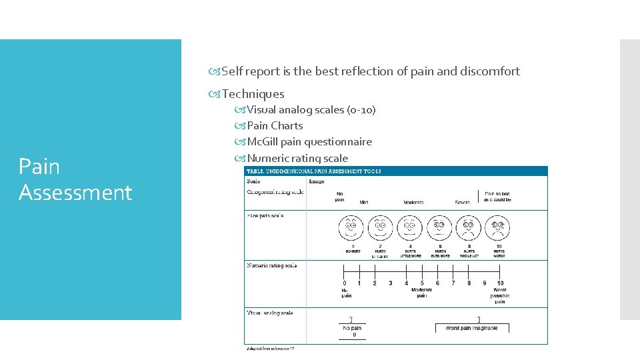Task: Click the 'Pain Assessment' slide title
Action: coord(75,179)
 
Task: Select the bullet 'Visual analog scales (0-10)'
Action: coord(311,109)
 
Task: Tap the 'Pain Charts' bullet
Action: coord(275,125)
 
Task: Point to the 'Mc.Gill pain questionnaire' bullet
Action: coord(309,141)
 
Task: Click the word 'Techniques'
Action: coord(253,94)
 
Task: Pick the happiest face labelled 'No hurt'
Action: coord(350,229)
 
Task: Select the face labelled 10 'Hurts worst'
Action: coord(499,229)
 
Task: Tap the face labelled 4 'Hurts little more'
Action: coord(409,229)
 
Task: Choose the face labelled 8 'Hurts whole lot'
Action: coord(469,229)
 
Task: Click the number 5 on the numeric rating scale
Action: coord(422,283)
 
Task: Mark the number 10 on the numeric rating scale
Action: coord(500,283)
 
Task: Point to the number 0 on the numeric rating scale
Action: coord(344,283)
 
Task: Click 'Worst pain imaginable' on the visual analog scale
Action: coord(472,328)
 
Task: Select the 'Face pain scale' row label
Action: coord(265,216)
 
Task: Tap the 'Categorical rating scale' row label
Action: coord(275,192)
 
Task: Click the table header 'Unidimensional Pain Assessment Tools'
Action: coord(315,171)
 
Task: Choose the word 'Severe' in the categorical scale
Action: coord(463,203)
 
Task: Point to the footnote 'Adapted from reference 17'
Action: coord(270,349)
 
